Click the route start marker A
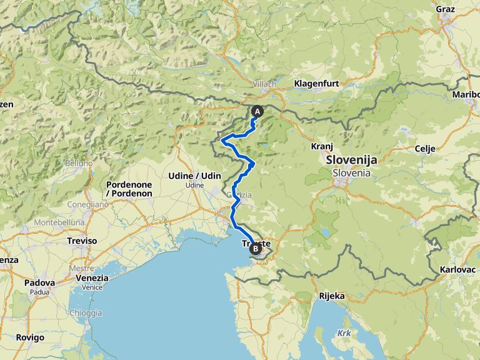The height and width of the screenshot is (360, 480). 257,111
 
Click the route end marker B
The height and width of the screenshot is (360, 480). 255,249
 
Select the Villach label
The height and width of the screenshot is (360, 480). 265,83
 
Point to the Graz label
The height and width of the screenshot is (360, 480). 445,9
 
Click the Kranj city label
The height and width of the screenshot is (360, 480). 321,146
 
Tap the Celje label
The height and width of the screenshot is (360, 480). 424,149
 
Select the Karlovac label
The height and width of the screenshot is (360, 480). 458,269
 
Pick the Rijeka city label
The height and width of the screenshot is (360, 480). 331,296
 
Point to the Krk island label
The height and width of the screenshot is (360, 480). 344,333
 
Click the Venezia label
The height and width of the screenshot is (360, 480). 91,278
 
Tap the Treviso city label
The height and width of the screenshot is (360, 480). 82,241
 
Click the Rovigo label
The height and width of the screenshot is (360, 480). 31,337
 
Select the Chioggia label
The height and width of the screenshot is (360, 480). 86,312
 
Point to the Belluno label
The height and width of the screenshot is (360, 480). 79,162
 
